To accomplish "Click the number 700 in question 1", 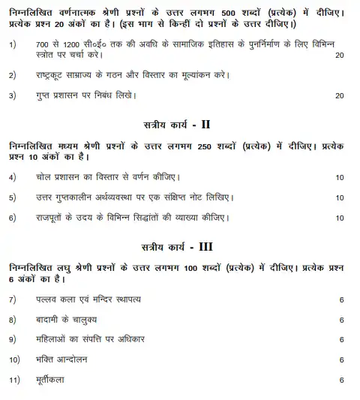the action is point(43,45).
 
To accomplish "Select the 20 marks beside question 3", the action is point(340,95).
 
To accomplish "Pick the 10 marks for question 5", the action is point(340,198).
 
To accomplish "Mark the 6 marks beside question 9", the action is point(341,340).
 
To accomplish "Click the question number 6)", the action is point(13,218).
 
